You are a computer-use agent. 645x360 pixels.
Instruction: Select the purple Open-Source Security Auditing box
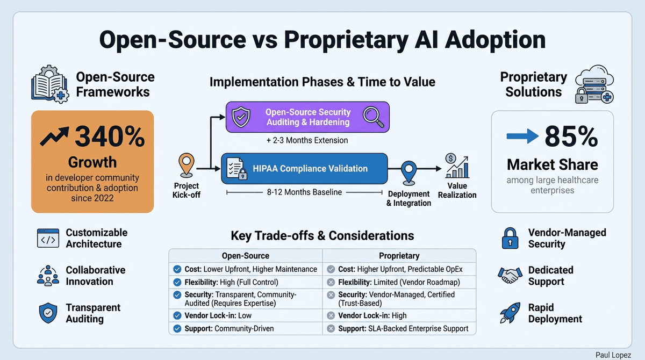click(307, 117)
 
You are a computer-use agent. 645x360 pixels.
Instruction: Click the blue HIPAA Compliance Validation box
click(304, 169)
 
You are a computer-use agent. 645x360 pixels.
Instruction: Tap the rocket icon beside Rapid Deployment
click(510, 313)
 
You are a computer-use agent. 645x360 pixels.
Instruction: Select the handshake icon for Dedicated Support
click(510, 276)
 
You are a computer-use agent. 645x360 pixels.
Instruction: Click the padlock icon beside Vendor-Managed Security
click(510, 238)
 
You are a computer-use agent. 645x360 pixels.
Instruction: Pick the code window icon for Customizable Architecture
click(48, 238)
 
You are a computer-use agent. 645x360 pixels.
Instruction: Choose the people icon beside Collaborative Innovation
click(48, 276)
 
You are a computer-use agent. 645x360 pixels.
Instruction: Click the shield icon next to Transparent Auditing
click(48, 313)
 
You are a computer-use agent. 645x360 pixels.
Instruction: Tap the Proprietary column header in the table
click(399, 256)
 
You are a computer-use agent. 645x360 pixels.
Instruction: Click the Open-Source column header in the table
click(246, 256)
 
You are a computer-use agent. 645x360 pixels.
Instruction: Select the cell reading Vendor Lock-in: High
click(372, 315)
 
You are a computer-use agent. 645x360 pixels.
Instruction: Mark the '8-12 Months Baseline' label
click(304, 192)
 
